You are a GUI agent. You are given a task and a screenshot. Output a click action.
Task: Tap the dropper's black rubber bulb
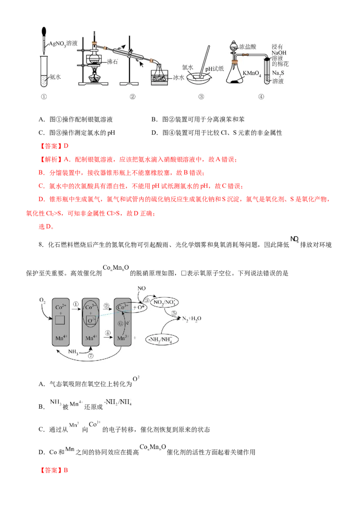(45, 33)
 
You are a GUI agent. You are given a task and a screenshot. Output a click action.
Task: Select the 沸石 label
(112, 62)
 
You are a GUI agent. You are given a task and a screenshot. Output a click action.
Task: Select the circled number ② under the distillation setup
(132, 96)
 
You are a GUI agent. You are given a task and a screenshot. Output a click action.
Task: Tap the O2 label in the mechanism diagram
(43, 299)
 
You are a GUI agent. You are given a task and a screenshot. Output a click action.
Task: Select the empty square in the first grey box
(61, 321)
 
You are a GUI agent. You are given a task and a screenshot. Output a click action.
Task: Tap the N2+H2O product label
(193, 319)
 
